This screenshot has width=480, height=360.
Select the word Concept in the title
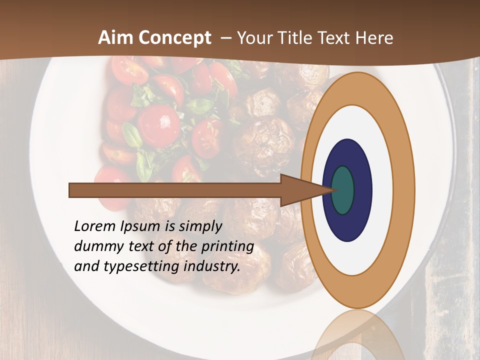pyautogui.click(x=174, y=38)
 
